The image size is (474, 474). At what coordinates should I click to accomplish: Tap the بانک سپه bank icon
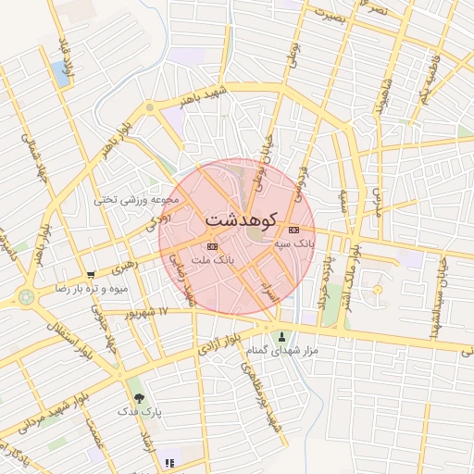(294, 230)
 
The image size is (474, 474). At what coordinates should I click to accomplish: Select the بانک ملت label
(213, 260)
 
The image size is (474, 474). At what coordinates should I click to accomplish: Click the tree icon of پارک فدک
(139, 395)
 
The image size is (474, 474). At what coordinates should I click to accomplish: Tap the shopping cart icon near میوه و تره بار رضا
(91, 275)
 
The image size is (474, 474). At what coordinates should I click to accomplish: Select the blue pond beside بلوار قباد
(62, 73)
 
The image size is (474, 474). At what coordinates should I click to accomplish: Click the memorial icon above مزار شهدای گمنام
(282, 337)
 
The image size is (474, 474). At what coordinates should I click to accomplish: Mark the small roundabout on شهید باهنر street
(150, 107)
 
